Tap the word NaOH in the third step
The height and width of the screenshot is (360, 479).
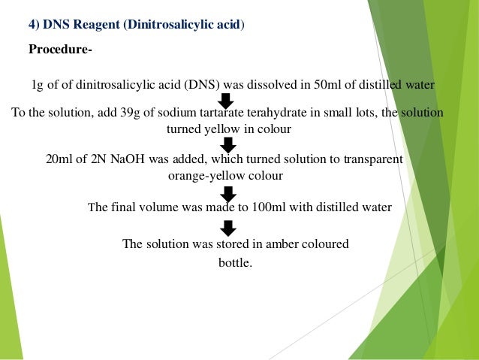131,160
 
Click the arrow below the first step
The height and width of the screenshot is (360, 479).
226,99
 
